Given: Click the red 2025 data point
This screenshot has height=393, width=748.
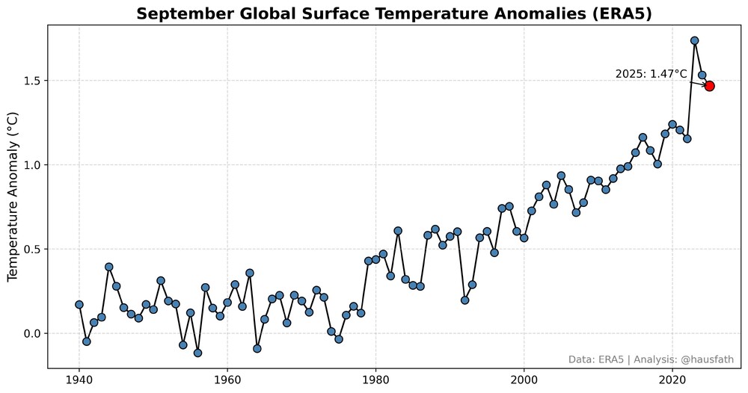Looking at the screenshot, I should pos(709,86).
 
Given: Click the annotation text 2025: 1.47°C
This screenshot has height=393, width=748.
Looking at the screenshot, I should pos(651,74).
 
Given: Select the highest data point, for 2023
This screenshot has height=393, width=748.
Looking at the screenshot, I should pos(695,40).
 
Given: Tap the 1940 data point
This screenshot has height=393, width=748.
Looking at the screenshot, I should pos(79,304).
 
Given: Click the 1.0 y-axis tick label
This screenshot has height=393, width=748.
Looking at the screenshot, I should pos(33,165).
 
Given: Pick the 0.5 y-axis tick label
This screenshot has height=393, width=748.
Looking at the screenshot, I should pos(33,249).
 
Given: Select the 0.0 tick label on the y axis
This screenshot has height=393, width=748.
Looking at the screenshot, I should pos(33,333).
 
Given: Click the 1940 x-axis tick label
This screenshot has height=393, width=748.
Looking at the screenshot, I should pos(79,379).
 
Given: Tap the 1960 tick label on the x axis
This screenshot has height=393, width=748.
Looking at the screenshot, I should pos(227,379).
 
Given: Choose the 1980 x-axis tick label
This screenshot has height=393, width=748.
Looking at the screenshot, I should pos(375,379).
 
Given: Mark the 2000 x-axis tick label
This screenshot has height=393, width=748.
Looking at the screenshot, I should pos(524,379).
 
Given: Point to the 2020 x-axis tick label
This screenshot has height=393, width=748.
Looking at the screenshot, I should pos(672,379).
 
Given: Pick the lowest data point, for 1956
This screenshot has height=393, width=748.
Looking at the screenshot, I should pos(197,353).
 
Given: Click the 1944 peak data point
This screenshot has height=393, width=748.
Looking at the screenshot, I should pos(109,267).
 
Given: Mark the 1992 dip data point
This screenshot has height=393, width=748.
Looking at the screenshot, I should pos(465,300).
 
